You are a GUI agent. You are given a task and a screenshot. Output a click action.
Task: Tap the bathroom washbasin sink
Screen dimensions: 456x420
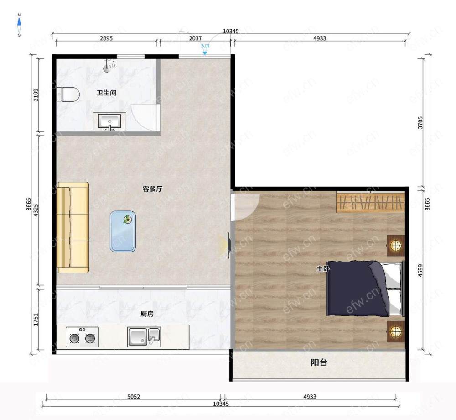point(109,122)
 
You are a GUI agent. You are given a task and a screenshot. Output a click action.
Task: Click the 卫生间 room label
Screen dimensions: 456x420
point(106,93)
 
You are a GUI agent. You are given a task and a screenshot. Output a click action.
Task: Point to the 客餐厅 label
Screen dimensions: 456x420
point(152,189)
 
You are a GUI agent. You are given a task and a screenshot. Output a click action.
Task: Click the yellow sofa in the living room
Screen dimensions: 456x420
point(73,227)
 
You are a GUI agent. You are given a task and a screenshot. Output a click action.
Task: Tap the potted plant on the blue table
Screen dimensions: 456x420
point(127,219)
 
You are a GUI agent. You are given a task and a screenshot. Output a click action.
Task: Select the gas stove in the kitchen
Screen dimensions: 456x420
point(82,337)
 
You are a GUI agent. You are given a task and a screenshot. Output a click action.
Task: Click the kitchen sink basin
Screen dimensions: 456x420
point(144,337)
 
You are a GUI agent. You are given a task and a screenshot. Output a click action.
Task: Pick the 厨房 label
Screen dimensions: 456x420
point(147,314)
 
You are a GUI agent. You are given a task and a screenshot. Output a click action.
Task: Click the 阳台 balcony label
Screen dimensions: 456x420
point(319,362)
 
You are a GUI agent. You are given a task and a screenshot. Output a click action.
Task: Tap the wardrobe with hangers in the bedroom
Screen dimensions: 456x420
point(371,202)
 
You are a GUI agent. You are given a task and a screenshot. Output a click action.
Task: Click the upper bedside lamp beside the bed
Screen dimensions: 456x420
point(395,245)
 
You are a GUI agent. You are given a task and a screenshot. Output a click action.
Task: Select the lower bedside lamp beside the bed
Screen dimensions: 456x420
point(395,331)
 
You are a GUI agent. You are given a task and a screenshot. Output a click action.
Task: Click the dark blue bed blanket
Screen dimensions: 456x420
point(357,288)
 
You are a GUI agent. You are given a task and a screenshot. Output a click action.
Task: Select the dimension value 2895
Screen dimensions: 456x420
point(106,38)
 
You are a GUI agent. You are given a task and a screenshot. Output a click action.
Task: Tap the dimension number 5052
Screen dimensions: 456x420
point(134,396)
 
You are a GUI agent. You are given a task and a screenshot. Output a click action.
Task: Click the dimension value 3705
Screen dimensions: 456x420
point(420,122)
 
